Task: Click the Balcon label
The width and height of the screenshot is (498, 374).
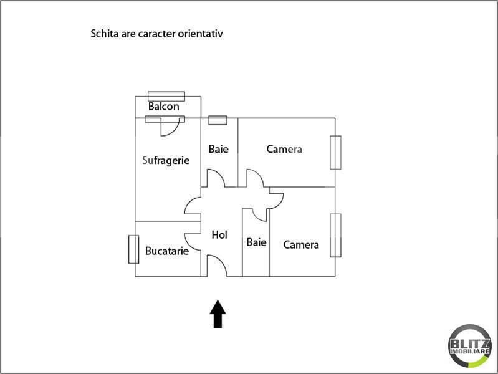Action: (x=164, y=107)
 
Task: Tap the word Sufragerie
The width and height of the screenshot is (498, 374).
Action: (x=166, y=160)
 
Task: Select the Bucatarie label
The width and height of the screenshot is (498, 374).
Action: (x=166, y=251)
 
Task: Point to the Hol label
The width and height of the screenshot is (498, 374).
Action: (x=219, y=235)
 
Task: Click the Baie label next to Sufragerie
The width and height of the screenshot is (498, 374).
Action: (x=219, y=149)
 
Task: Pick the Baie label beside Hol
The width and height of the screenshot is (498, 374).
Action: (x=256, y=242)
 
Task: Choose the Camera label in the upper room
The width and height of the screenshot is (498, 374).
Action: (x=284, y=149)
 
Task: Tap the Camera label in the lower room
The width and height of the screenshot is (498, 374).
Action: (x=301, y=245)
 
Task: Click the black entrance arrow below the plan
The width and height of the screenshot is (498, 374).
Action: (x=218, y=314)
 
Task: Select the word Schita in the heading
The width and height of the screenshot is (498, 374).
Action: (x=106, y=34)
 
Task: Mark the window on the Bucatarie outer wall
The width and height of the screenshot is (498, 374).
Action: (x=133, y=249)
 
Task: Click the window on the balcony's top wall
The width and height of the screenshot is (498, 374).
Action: (x=166, y=96)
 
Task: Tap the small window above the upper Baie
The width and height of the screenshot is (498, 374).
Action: (x=218, y=120)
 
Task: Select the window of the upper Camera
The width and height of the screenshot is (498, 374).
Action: (x=337, y=152)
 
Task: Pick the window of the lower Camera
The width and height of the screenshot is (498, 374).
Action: (x=337, y=236)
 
